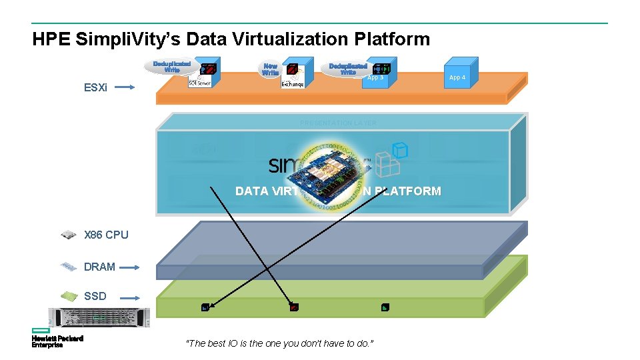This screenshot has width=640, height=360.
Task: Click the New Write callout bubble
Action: tap(271, 69)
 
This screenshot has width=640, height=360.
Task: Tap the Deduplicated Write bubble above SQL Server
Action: tap(171, 67)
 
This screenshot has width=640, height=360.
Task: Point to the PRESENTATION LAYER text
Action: tap(338, 123)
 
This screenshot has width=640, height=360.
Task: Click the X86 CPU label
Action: tap(106, 235)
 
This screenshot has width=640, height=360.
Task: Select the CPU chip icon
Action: tap(68, 234)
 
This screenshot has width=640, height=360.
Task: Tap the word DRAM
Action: tap(99, 267)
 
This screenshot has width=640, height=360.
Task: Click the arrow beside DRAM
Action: tap(130, 267)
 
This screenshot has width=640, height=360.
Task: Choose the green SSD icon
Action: tap(69, 295)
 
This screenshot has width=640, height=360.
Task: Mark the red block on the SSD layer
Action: tap(294, 307)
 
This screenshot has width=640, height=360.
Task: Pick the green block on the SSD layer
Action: tap(385, 307)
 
